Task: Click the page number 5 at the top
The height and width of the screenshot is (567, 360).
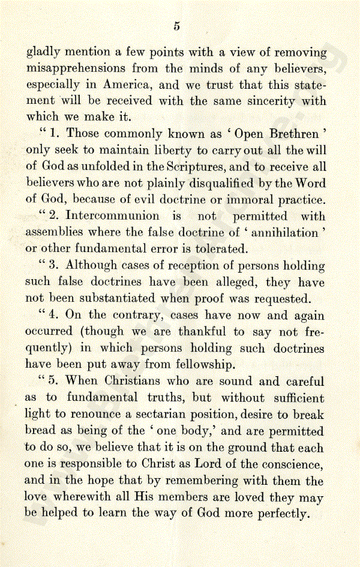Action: pos(177,25)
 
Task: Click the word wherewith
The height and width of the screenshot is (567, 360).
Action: pos(82,497)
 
